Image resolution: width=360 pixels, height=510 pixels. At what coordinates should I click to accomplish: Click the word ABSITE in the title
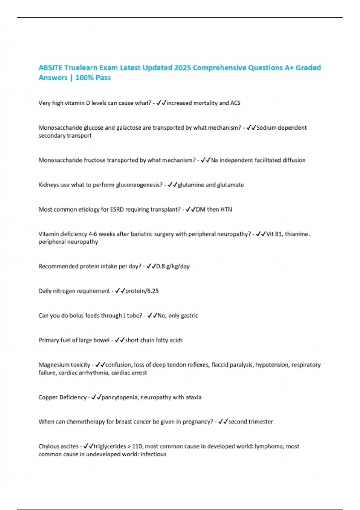point(50,68)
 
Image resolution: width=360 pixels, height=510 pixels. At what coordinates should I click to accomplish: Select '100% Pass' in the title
point(93,78)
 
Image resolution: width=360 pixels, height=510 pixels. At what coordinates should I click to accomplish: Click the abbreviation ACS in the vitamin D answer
point(235,103)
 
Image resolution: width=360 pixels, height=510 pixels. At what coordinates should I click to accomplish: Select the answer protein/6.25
point(142,291)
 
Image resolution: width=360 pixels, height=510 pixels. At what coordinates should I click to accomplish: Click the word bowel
point(101,340)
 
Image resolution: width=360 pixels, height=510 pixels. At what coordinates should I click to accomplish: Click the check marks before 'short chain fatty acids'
point(120,340)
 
